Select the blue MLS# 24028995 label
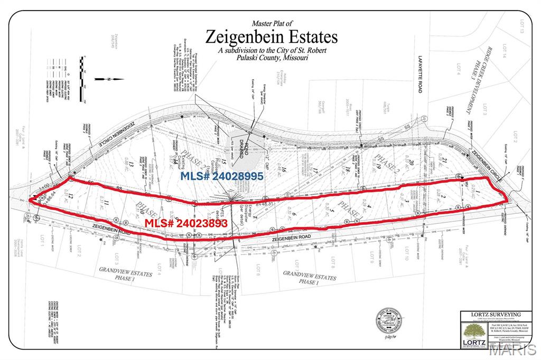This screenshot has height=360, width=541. tap(222, 176)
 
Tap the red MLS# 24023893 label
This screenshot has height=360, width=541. tap(186, 223)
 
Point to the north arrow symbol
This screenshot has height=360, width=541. tap(111, 80)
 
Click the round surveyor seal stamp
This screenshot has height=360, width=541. tap(389, 320)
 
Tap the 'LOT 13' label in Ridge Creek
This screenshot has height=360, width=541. tap(521, 26)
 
